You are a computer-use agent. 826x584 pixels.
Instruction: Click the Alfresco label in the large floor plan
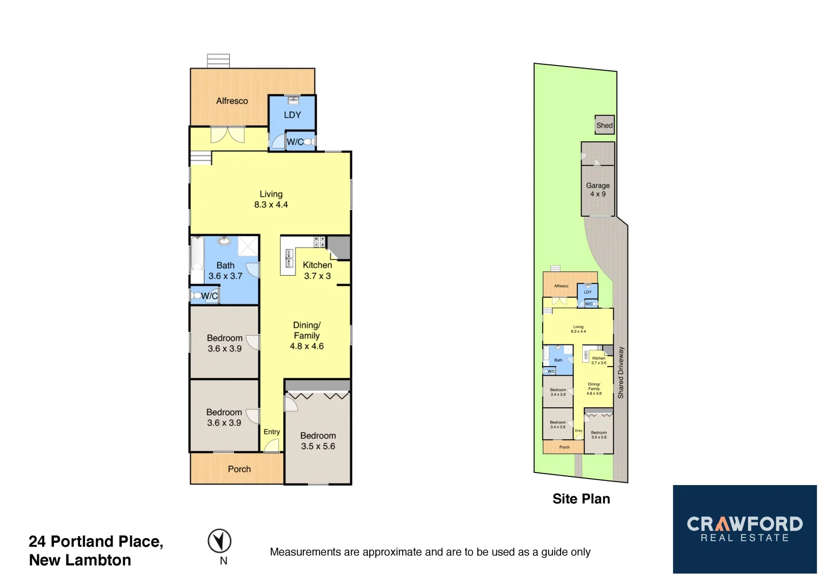click(232, 101)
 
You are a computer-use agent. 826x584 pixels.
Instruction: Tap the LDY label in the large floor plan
click(292, 115)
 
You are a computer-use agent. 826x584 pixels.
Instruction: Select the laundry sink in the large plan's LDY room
click(293, 99)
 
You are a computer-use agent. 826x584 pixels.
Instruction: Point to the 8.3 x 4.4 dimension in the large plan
click(271, 205)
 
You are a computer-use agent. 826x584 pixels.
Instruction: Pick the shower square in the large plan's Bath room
click(248, 245)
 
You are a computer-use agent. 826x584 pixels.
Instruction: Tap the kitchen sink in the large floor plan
click(289, 258)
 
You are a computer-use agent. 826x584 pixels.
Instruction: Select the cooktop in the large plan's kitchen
click(319, 242)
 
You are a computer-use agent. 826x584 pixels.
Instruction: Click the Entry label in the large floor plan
click(272, 432)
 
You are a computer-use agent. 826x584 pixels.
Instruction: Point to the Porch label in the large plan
click(239, 469)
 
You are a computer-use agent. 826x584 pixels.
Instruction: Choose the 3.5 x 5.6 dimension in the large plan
click(318, 447)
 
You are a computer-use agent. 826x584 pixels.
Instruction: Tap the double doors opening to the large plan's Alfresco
click(228, 134)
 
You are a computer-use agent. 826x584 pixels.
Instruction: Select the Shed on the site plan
click(604, 125)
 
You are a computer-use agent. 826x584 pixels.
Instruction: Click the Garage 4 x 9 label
click(598, 190)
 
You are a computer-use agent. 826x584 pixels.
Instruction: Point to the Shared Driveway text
click(621, 373)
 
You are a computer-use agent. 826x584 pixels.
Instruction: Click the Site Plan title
click(581, 499)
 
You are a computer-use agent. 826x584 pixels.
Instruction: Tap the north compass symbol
click(219, 541)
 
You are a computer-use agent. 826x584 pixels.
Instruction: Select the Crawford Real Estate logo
click(744, 529)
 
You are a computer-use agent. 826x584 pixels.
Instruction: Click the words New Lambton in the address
click(80, 560)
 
